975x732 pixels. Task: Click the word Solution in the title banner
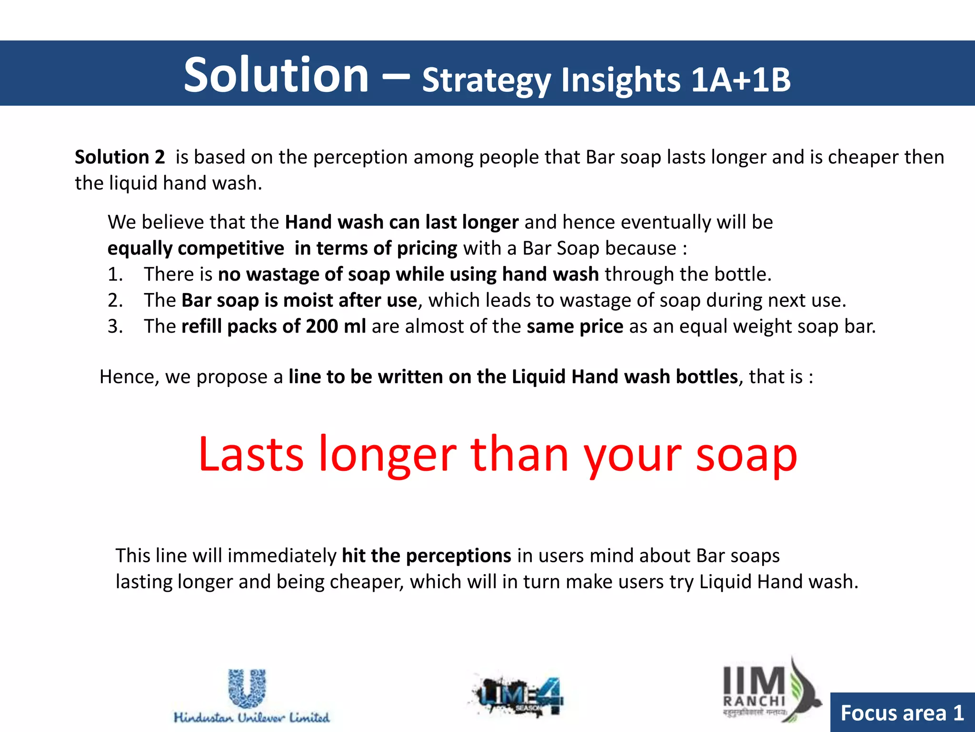click(x=276, y=75)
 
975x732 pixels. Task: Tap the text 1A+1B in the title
click(x=740, y=80)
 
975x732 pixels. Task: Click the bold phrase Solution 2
click(x=119, y=157)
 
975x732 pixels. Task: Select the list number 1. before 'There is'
click(x=115, y=274)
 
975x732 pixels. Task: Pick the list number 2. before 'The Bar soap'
click(x=115, y=301)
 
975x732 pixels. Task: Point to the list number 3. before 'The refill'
click(x=115, y=326)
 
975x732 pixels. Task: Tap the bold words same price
click(x=575, y=326)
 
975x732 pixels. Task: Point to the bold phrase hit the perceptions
click(x=426, y=556)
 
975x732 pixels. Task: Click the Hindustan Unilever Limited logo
click(x=251, y=696)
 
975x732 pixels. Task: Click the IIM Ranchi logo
click(x=769, y=691)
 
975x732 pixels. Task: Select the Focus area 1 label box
click(x=902, y=713)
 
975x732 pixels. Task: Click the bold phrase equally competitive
click(x=196, y=248)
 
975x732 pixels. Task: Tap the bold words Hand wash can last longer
click(x=401, y=223)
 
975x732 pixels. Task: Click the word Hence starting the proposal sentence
click(x=129, y=377)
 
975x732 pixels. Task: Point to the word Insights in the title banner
click(x=621, y=80)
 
